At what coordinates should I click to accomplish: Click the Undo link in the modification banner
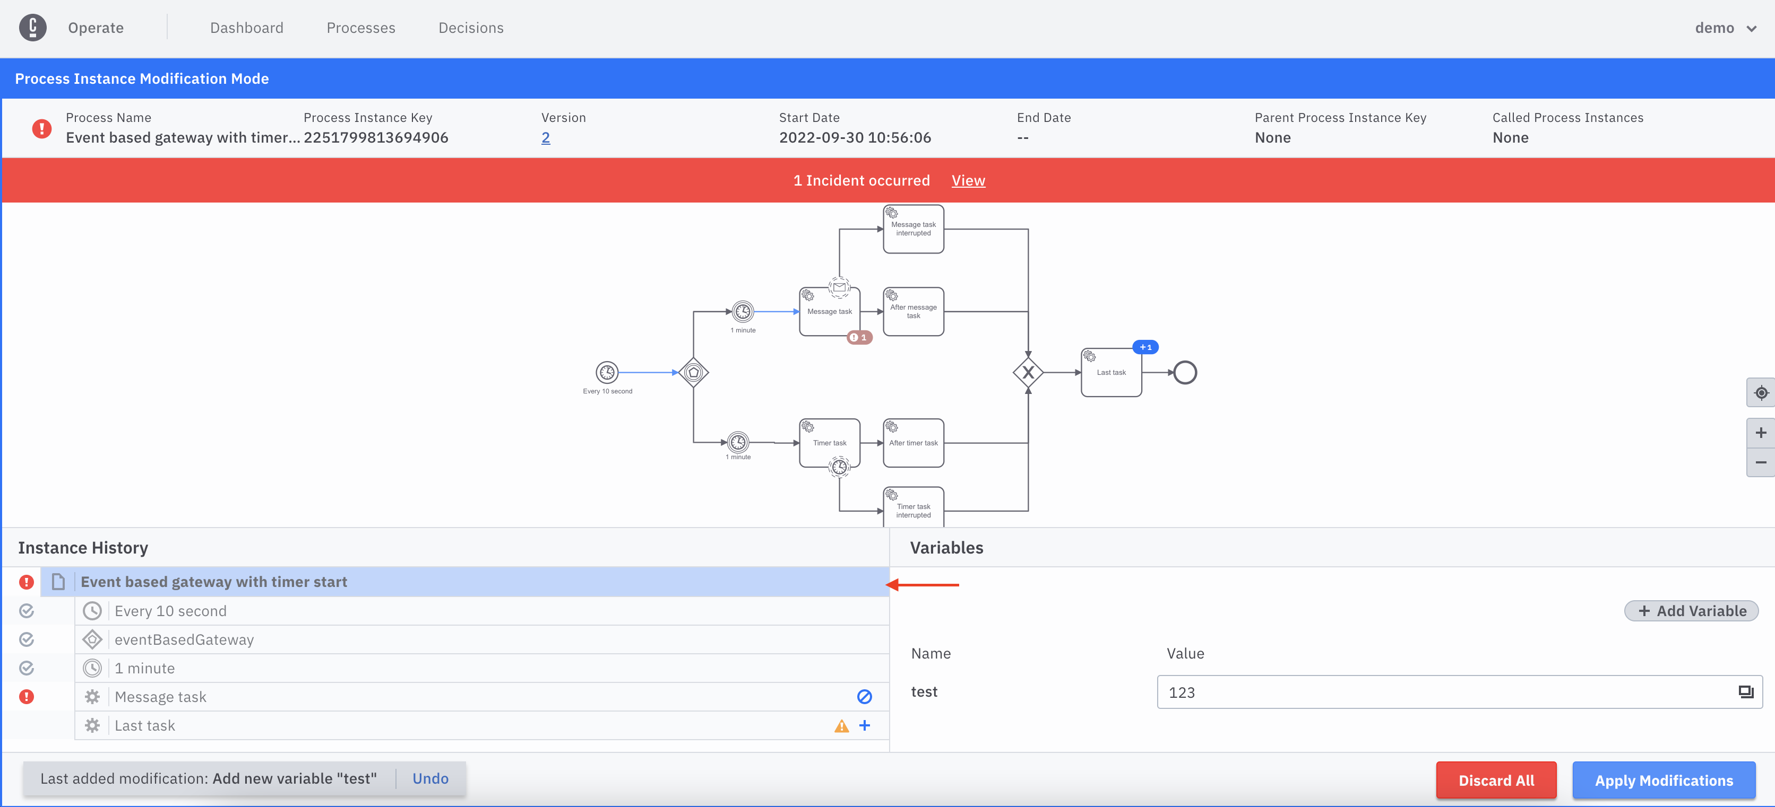(430, 778)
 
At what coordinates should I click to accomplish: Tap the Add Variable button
(1691, 611)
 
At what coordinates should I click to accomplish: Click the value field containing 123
(1447, 692)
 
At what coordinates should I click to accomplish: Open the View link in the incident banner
(968, 180)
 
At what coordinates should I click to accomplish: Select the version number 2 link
(545, 138)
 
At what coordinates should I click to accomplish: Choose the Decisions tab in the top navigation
(471, 28)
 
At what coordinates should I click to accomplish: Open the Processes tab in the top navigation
(360, 28)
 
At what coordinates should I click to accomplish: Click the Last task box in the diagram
(1111, 373)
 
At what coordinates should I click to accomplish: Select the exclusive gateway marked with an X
(1028, 373)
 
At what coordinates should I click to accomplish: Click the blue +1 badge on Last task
(1145, 347)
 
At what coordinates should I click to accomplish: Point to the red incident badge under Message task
(859, 337)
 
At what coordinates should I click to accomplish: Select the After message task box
(913, 312)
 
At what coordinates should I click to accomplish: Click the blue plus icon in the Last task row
(865, 725)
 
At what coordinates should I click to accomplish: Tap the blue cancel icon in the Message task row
(864, 697)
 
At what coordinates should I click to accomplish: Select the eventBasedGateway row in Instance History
(184, 639)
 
